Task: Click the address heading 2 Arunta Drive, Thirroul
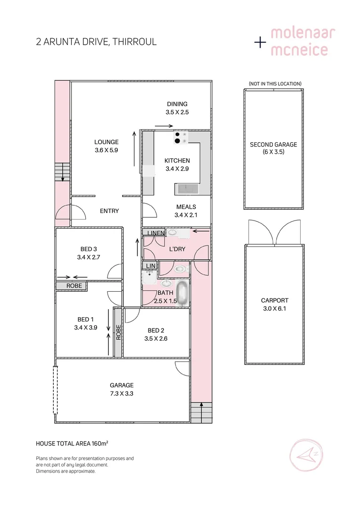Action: (x=96, y=42)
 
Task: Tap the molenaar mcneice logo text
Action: (x=302, y=41)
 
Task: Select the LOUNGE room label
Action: (x=106, y=142)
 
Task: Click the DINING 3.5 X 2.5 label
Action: (x=177, y=108)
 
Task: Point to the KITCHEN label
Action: (x=177, y=161)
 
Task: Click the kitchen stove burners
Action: (x=178, y=137)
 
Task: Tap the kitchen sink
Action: (x=188, y=189)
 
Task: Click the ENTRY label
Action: (x=109, y=211)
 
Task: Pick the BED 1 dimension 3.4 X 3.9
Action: (x=85, y=328)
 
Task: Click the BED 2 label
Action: (x=156, y=330)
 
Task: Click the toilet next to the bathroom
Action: (x=179, y=269)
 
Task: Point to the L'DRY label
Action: (x=177, y=248)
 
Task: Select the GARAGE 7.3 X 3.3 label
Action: (x=122, y=389)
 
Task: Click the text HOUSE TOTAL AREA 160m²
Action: (x=72, y=443)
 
